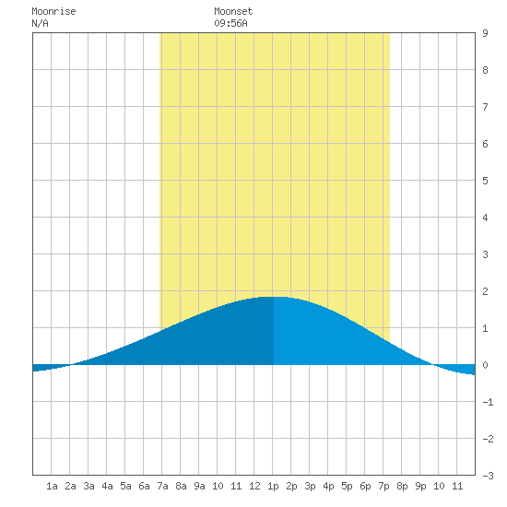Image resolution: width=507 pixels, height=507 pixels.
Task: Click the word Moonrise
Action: pos(53,11)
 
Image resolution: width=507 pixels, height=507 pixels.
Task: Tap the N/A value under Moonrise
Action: pos(40,23)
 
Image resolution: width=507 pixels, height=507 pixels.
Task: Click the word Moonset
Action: pos(233,11)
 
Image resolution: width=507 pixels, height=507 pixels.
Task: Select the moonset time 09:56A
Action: pos(230,23)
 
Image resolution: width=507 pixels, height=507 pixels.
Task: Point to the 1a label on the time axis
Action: pos(52,486)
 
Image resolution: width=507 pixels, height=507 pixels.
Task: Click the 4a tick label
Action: pos(107,486)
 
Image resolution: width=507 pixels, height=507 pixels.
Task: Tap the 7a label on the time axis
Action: pos(162,486)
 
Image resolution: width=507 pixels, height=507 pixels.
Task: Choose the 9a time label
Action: pos(199,486)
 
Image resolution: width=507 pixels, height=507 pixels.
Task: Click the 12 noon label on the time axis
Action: pos(254,486)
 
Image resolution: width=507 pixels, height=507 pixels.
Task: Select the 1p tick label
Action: pos(273,486)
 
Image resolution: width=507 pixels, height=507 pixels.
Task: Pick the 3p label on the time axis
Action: pos(310,486)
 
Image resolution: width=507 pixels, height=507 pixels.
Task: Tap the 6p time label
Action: pos(365,486)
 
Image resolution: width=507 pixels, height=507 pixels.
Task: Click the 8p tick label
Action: pos(402,486)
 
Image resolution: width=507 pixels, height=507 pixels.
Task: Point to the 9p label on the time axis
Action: pos(420,486)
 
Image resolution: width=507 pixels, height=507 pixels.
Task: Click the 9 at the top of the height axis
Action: pos(485,33)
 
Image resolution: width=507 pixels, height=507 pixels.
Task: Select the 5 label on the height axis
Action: pos(485,181)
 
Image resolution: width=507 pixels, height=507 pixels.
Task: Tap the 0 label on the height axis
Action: pos(485,365)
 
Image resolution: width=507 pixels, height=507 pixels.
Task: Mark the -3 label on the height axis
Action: pos(488,476)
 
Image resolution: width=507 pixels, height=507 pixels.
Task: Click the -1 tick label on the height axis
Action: pos(488,402)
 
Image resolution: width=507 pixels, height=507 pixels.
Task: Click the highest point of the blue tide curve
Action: pos(274,297)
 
